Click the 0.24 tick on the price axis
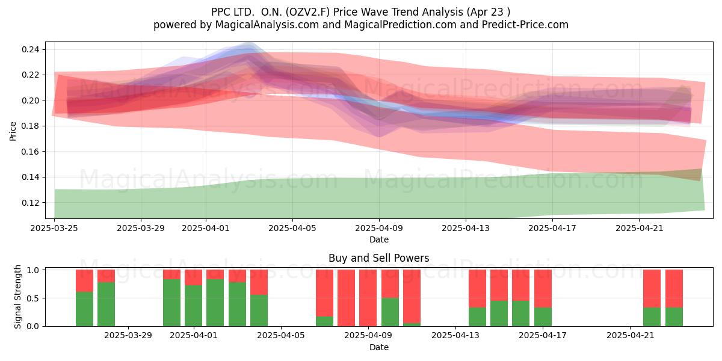pos(31,49)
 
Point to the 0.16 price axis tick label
pos(31,152)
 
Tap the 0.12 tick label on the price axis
pos(31,203)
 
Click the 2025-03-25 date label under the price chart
pos(54,228)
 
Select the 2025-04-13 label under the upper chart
pos(466,228)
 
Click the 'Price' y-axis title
pos(13,132)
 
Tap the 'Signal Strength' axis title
pos(17,297)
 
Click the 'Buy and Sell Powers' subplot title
pos(378,258)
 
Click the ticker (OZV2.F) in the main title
pos(308,12)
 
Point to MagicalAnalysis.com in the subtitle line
pos(267,25)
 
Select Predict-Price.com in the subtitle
pos(525,25)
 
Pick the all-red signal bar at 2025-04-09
pos(368,298)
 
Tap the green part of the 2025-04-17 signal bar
pos(543,317)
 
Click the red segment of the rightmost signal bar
pos(674,288)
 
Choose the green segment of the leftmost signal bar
pos(84,309)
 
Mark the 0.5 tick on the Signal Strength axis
pos(32,298)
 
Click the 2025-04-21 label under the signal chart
pos(631,336)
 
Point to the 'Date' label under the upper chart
pos(379,239)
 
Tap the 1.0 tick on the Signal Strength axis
pos(32,270)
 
